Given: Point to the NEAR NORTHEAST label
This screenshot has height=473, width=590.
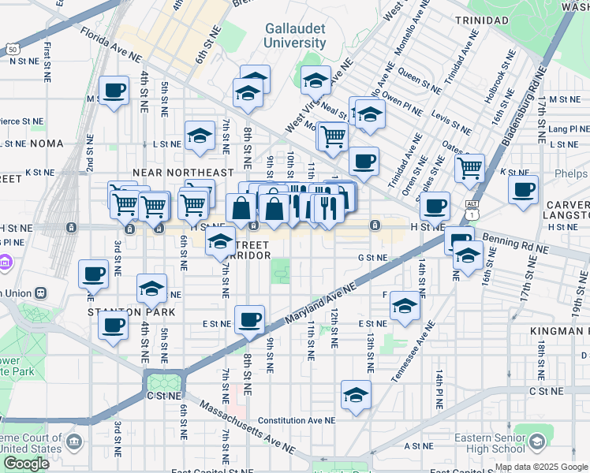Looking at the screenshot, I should tap(183, 173).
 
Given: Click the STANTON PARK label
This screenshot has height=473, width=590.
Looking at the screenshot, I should tap(131, 312).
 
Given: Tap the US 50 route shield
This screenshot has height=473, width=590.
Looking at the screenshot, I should tap(13, 48).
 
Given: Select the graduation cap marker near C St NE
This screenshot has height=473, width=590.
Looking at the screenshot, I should tap(356, 394).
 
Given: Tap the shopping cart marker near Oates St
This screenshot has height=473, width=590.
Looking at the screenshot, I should tap(469, 166).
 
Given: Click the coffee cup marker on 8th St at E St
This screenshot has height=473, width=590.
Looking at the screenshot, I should tap(250, 319).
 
